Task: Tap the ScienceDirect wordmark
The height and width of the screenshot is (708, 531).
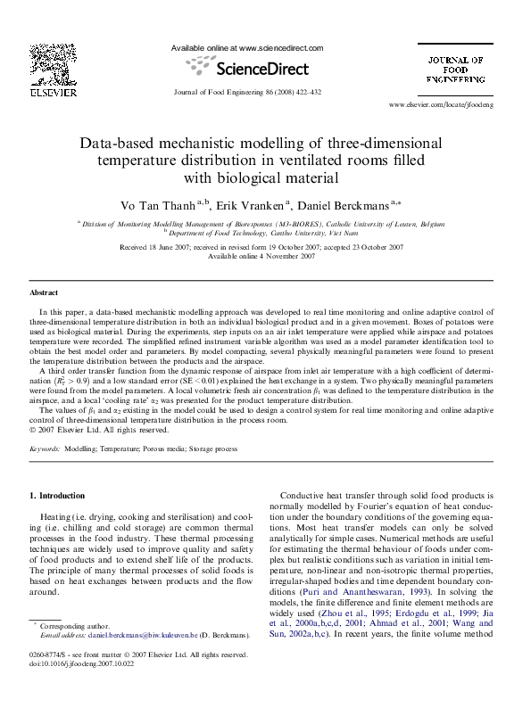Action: coord(246,68)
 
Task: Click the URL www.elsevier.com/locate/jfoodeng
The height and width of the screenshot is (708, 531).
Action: coord(453,105)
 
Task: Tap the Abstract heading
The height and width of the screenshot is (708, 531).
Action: coord(45,292)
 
